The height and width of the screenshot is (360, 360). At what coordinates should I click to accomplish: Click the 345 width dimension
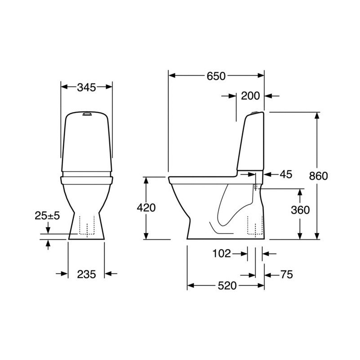86,87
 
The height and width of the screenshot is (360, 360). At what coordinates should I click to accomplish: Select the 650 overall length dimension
216,76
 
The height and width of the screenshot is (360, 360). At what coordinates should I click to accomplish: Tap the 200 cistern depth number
250,96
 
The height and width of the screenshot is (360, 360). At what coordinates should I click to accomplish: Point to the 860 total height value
318,176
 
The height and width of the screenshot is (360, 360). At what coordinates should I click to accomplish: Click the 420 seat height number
146,208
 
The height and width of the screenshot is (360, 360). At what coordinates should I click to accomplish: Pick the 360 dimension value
300,210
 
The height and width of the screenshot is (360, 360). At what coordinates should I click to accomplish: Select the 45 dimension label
286,175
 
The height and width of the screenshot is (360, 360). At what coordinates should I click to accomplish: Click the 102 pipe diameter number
221,254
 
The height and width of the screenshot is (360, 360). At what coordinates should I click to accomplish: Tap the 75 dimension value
287,274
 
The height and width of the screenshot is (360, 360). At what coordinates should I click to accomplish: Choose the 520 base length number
227,286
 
